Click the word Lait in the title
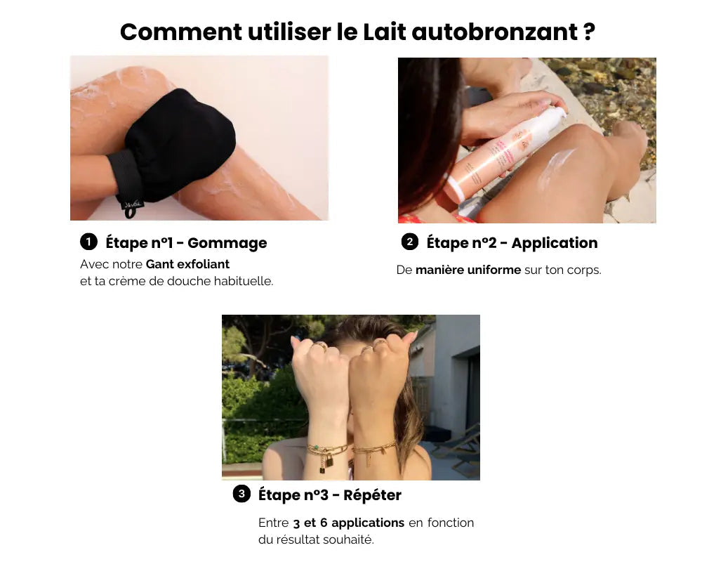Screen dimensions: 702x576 384,32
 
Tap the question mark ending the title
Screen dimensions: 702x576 589,32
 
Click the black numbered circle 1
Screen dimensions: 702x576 88,242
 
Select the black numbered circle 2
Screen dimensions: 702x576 410,242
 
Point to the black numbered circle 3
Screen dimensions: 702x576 241,494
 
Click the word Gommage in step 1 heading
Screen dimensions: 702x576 227,243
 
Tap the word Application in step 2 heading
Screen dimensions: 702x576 555,243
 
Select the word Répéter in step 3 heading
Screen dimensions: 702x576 372,495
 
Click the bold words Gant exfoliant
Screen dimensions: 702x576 187,264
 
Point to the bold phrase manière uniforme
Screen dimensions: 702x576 468,270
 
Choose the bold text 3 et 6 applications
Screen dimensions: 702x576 349,523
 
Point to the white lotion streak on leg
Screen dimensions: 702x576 555,166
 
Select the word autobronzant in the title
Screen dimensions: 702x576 495,32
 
